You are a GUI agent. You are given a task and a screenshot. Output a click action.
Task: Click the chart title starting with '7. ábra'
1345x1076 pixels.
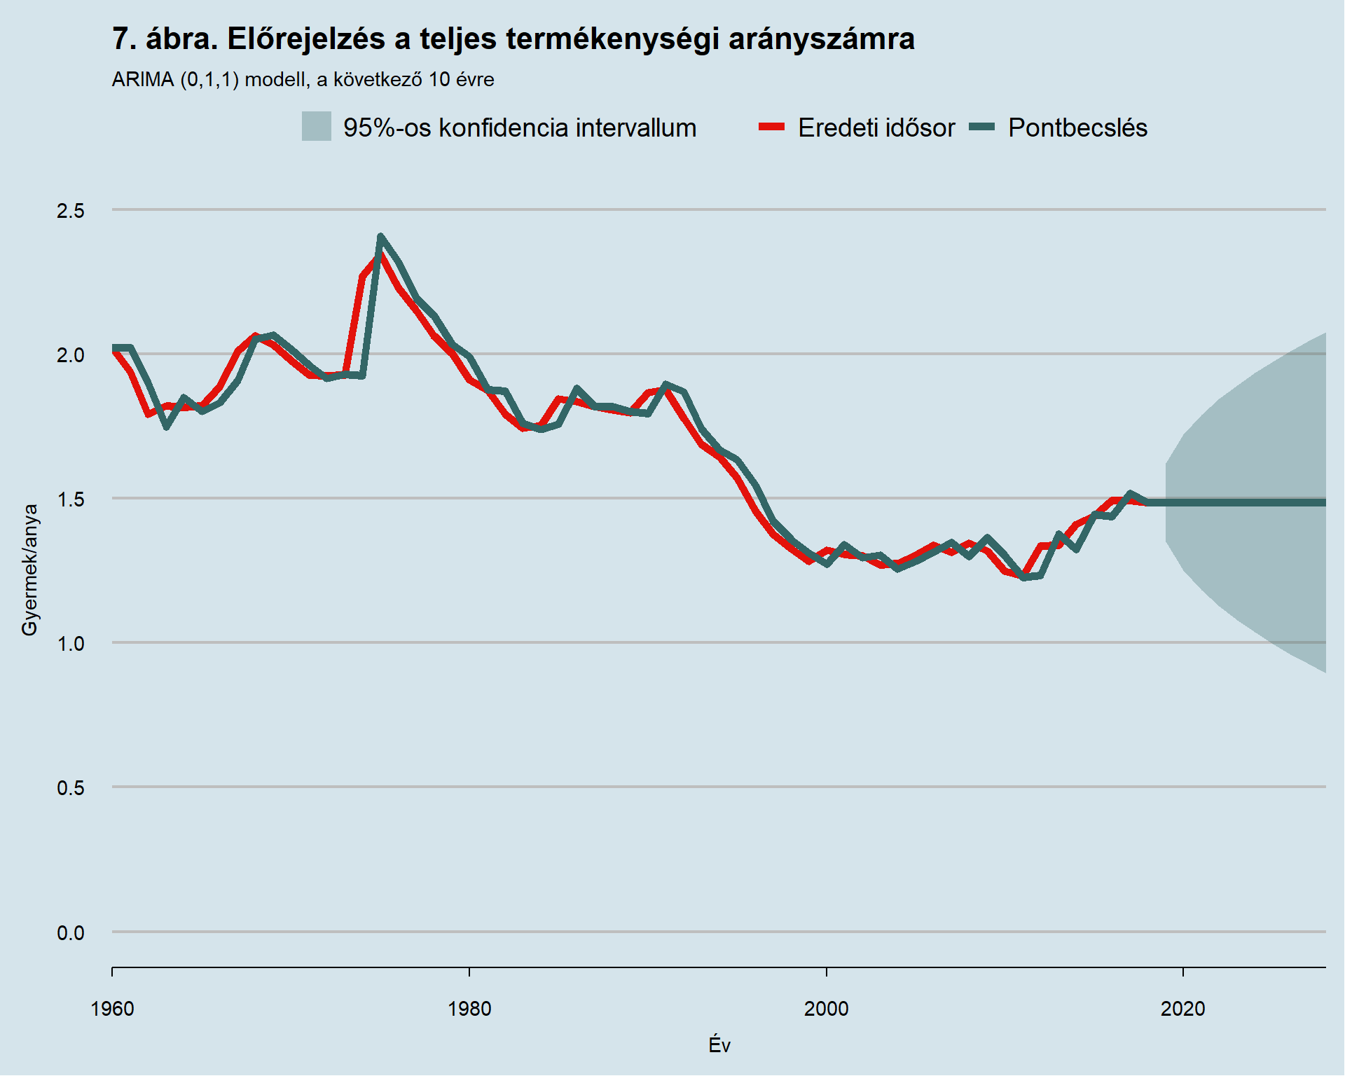point(513,39)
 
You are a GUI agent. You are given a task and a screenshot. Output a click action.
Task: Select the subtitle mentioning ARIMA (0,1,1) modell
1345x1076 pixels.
point(303,80)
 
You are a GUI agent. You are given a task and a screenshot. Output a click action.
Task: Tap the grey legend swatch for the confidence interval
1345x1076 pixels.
point(316,127)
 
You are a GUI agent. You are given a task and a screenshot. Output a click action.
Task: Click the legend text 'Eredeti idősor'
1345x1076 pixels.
point(876,128)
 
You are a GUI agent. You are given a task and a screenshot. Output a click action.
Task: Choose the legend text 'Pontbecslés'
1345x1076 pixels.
point(1077,128)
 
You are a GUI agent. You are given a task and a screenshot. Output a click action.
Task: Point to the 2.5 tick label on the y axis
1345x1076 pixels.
point(70,210)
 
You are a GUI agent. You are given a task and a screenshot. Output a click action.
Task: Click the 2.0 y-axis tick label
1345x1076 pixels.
point(70,354)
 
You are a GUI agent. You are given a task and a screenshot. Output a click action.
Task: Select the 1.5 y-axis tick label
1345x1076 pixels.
point(70,499)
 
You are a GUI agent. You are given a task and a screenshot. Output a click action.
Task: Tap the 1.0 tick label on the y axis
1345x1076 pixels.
point(70,643)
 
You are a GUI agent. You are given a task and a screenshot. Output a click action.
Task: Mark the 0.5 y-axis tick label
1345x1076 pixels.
point(70,787)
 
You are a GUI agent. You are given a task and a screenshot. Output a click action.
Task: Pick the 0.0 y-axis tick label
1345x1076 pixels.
point(70,932)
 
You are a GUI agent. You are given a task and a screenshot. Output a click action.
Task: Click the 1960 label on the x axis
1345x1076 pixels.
point(112,1009)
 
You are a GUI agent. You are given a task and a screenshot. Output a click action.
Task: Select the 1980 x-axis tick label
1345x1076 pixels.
point(469,1009)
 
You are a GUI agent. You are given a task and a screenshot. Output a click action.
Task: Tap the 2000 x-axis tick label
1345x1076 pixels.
point(826,1009)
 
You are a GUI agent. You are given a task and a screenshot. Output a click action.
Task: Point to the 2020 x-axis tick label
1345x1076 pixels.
point(1182,1009)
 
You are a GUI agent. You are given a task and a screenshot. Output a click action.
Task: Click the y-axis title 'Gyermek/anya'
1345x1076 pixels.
point(29,570)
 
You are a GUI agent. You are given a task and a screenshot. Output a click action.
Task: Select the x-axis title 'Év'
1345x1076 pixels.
point(719,1045)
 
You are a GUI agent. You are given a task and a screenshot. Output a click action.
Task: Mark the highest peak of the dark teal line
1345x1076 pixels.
point(380,237)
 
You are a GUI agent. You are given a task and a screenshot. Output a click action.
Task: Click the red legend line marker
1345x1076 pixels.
point(771,127)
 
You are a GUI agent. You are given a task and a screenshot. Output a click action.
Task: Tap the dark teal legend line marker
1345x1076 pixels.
point(981,127)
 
